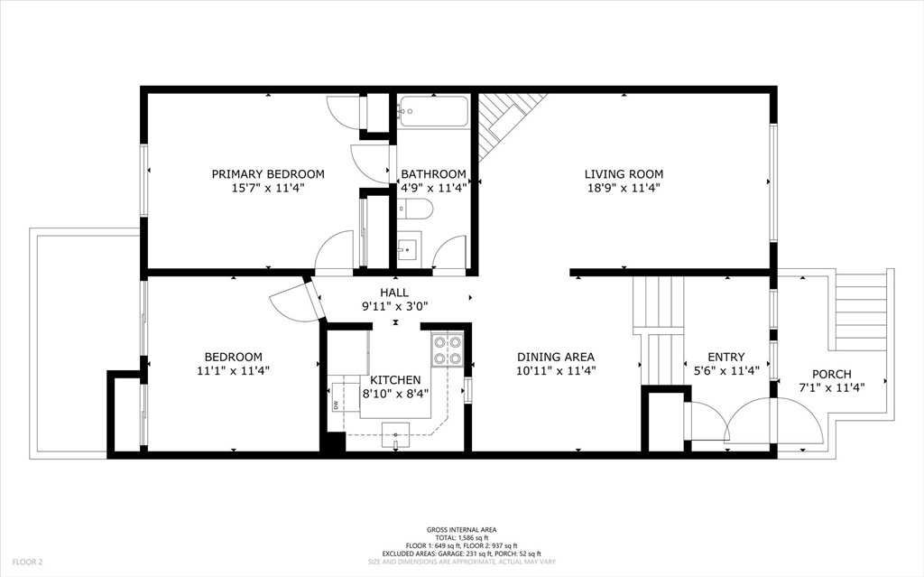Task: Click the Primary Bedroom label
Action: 268,174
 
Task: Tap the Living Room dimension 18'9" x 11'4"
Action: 624,188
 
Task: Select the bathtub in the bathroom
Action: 433,111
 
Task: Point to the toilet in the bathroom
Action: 415,209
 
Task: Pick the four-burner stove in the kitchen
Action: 448,350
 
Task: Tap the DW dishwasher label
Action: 336,405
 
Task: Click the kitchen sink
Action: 395,435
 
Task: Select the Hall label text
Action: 394,293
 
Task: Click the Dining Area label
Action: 556,357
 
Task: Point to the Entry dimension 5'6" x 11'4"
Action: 726,371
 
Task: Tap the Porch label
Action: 831,374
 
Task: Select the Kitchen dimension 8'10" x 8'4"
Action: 395,394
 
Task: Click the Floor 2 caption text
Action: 28,563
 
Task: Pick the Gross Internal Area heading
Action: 461,530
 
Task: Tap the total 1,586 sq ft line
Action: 461,537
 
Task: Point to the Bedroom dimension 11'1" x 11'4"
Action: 234,371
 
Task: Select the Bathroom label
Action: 434,174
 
